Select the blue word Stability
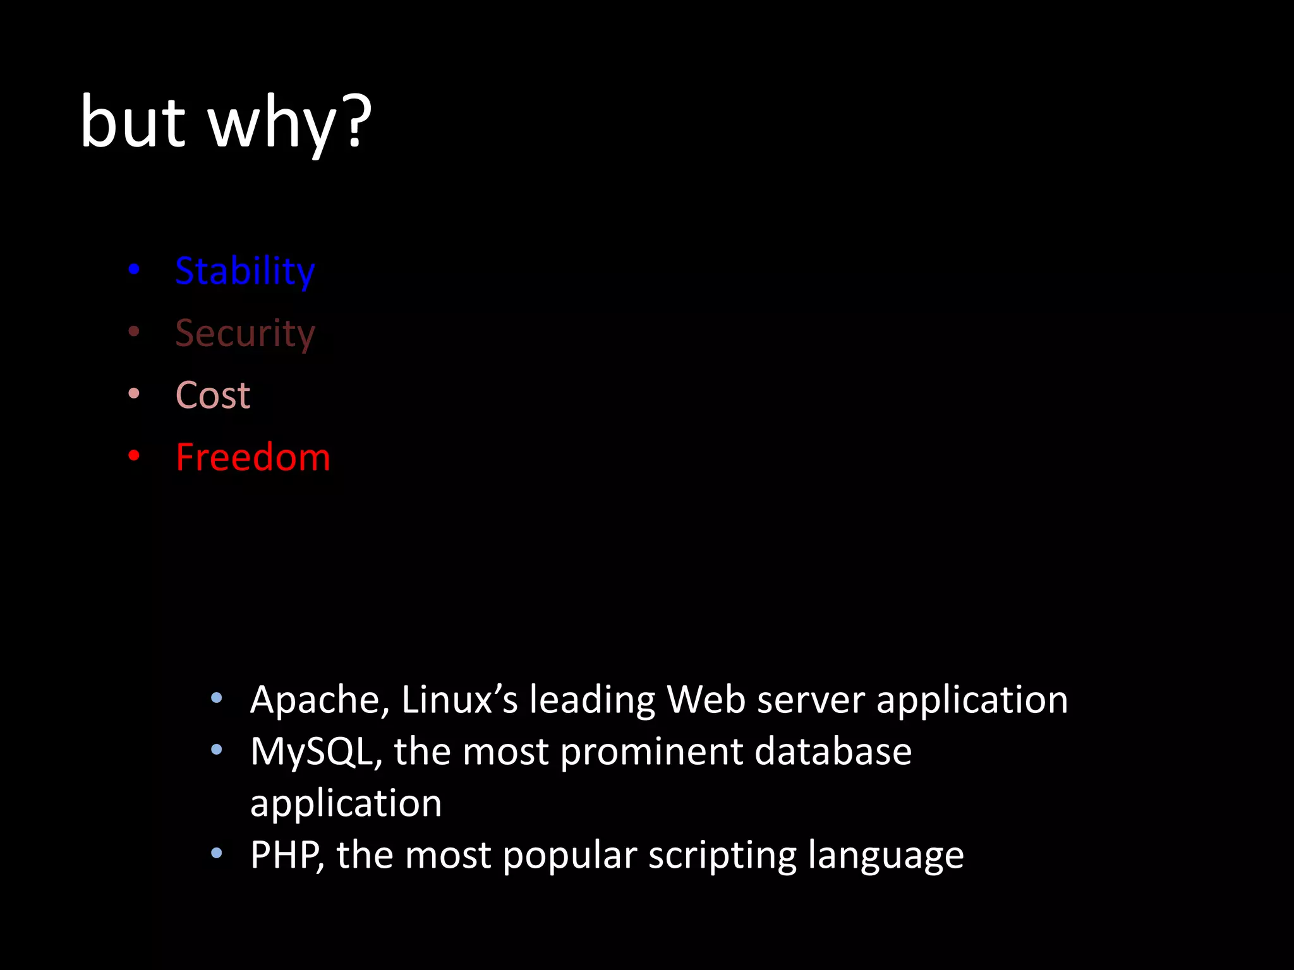coord(245,272)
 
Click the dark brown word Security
coord(245,333)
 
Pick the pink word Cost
coord(213,395)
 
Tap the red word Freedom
coord(253,457)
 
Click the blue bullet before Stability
coord(134,270)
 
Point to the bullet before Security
coord(134,332)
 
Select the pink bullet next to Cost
coord(134,393)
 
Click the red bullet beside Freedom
coord(134,455)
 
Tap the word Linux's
coord(459,700)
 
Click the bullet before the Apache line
coord(217,698)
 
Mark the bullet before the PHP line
coord(217,854)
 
